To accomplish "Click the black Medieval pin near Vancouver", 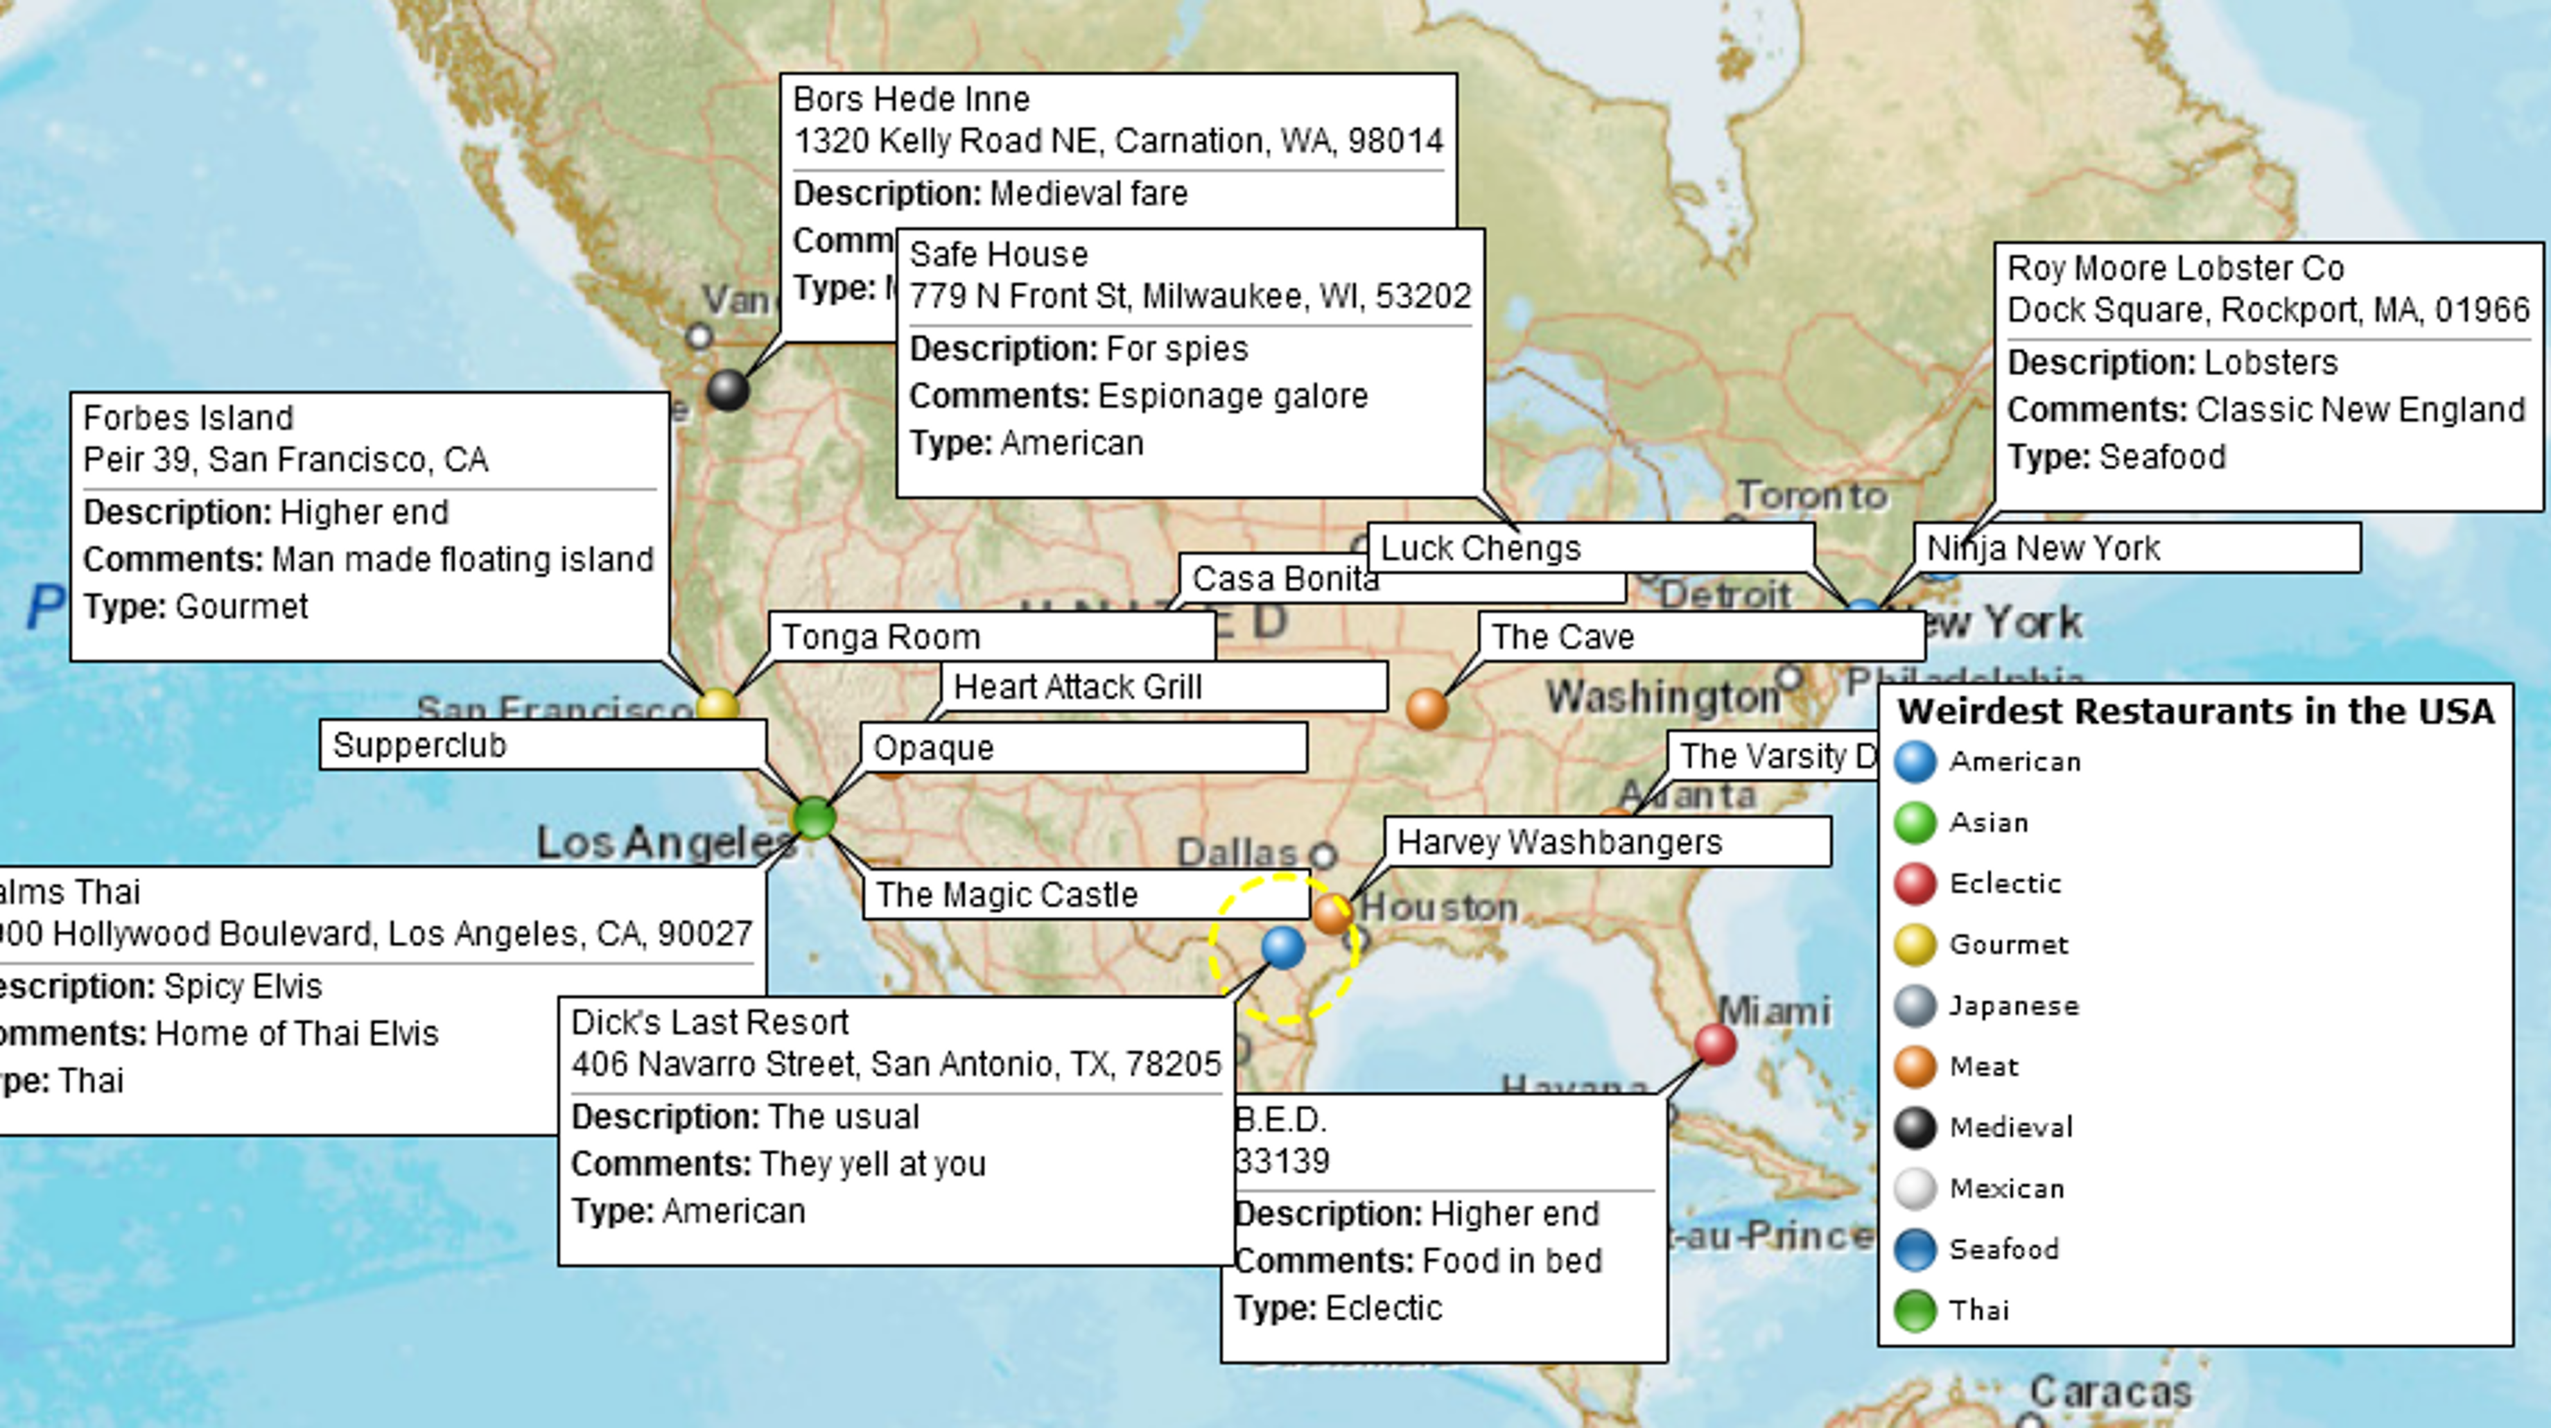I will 728,389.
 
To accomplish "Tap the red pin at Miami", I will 1715,1044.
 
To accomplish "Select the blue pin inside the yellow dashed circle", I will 1283,948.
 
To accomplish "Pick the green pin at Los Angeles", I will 814,818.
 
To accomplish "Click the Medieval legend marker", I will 1914,1127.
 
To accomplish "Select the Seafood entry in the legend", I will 2003,1248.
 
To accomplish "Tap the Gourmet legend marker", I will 1914,943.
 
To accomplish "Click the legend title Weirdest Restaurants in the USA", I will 2195,711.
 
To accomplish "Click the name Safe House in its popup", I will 998,254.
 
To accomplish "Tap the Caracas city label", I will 2109,1391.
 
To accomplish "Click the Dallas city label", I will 1236,852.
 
